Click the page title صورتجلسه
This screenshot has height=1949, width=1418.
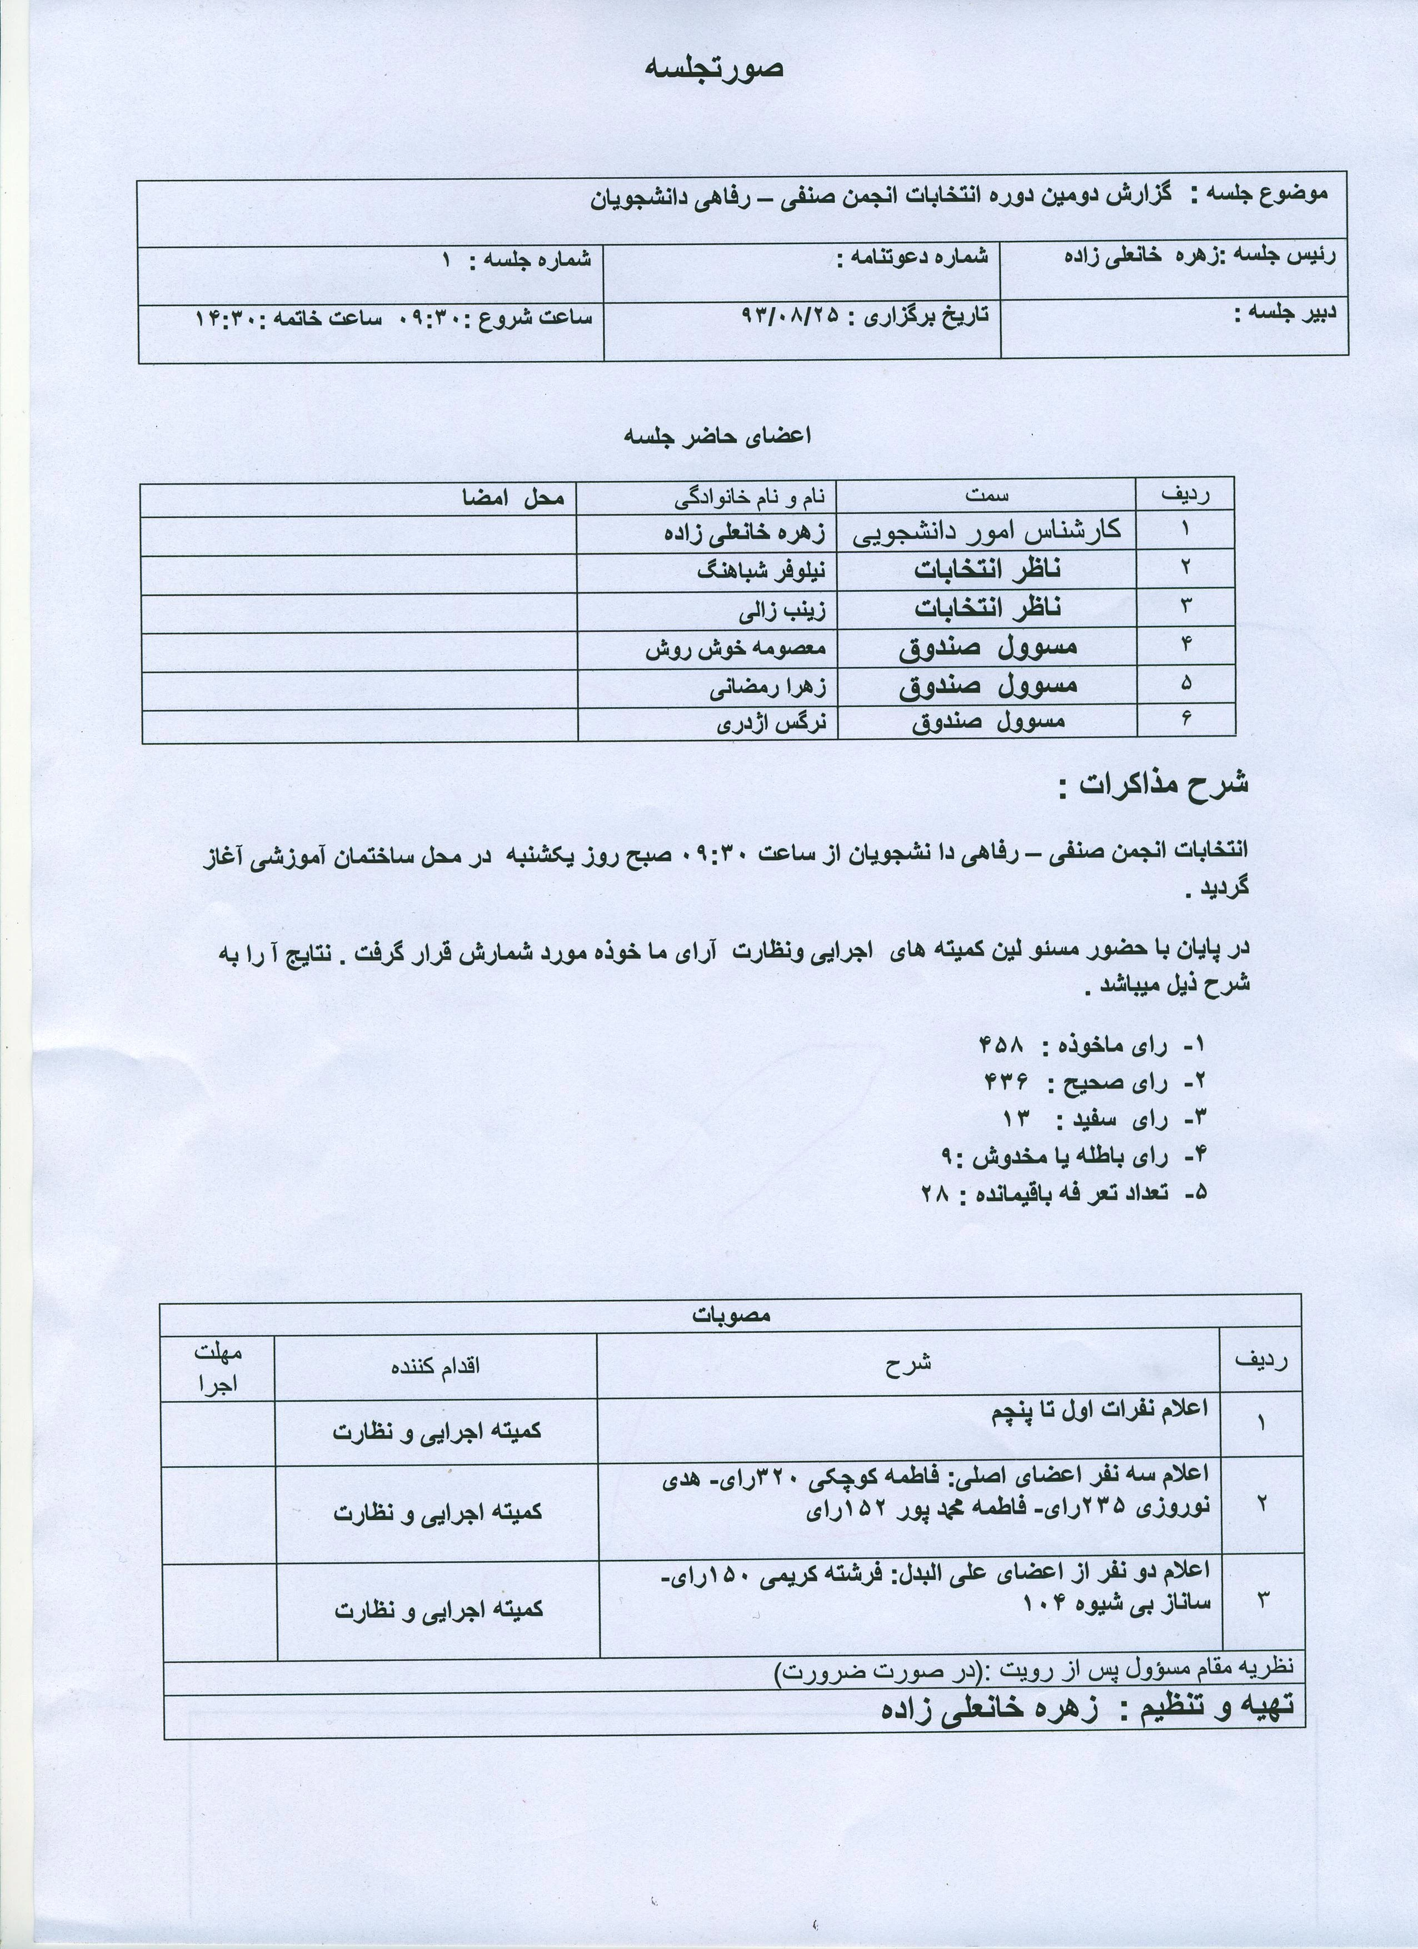pos(714,69)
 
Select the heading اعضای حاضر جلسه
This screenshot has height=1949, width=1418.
pos(717,436)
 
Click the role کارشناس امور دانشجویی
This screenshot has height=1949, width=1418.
pos(987,532)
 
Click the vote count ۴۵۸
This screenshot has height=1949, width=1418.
pos(1002,1045)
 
